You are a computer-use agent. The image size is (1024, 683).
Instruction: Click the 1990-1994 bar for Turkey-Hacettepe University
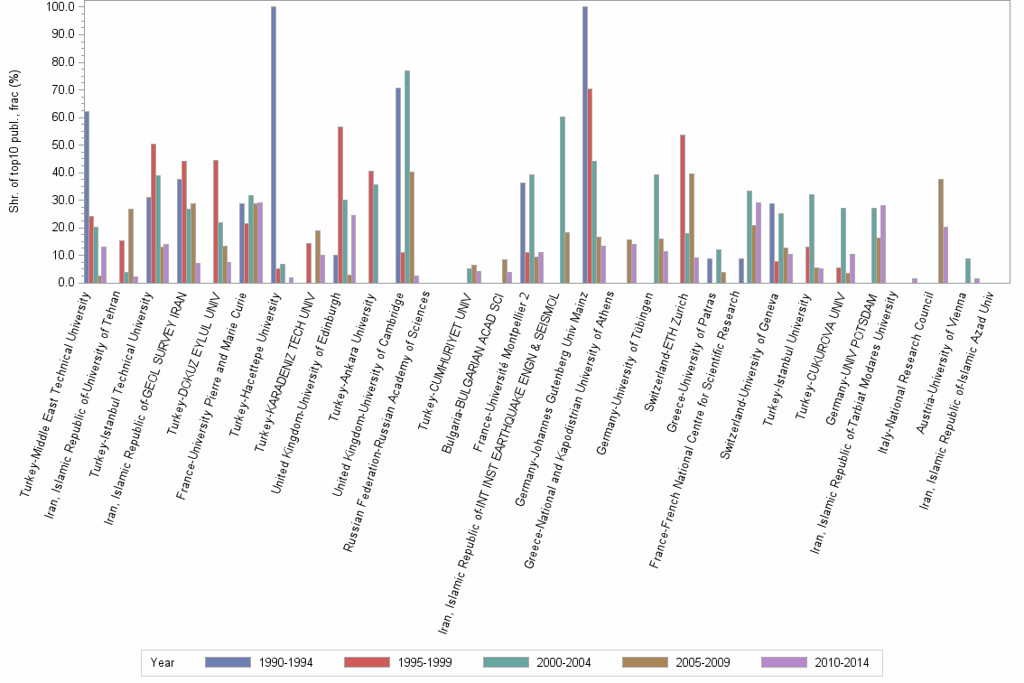click(274, 145)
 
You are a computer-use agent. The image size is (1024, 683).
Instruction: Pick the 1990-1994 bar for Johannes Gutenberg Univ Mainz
click(585, 145)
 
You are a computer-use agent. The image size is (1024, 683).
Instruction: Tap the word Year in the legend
click(163, 663)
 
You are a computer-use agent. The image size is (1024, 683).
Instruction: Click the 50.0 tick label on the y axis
click(62, 145)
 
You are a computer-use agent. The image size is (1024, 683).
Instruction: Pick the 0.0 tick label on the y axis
click(66, 283)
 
